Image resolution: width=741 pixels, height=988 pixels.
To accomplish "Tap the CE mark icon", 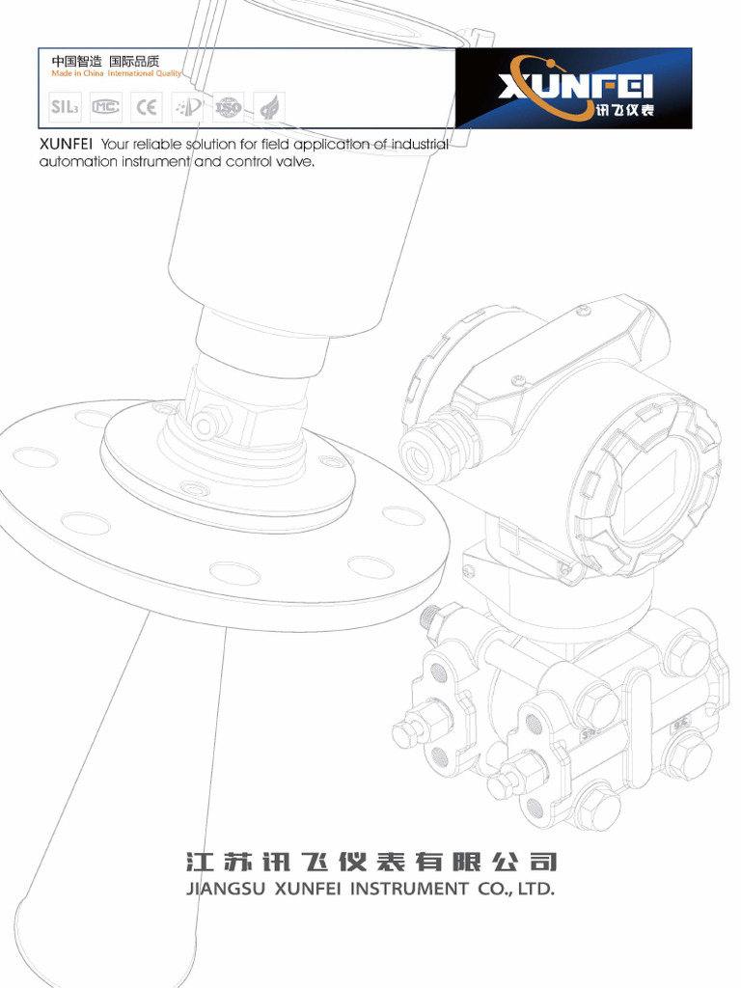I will coord(147,107).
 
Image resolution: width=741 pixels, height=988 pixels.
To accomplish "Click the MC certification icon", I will coord(106,107).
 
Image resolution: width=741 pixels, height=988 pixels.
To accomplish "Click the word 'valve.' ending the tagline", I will coord(295,162).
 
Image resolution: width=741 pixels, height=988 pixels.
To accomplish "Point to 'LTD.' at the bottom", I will coord(536,889).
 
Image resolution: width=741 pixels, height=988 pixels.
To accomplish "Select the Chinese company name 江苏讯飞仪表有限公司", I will coord(370,860).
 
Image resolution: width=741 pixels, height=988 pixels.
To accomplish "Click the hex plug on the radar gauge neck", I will coord(204,425).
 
